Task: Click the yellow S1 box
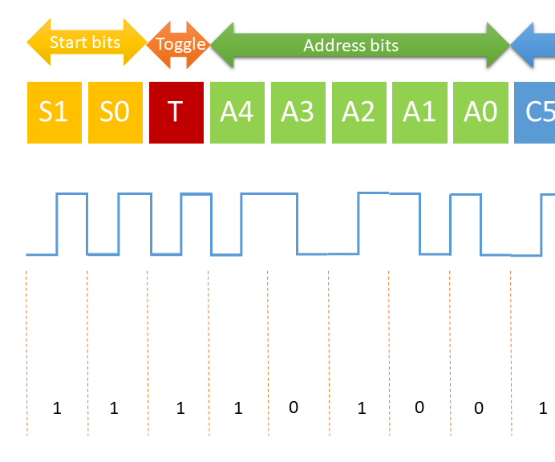(x=55, y=112)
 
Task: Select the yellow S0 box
(x=115, y=112)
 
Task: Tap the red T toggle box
(x=176, y=112)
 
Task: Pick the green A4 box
(x=237, y=112)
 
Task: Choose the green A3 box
(x=298, y=112)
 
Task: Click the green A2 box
(x=359, y=112)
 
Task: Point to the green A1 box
(x=419, y=112)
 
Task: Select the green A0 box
(x=480, y=112)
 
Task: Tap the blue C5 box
(x=536, y=112)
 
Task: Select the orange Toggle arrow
(x=179, y=44)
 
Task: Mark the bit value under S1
(x=56, y=408)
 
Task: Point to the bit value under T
(x=180, y=408)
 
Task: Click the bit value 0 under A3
(x=293, y=407)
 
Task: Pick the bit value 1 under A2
(x=362, y=408)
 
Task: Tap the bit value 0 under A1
(x=419, y=407)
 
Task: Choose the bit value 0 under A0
(x=479, y=408)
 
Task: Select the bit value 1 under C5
(x=544, y=408)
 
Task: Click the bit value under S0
(x=114, y=408)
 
